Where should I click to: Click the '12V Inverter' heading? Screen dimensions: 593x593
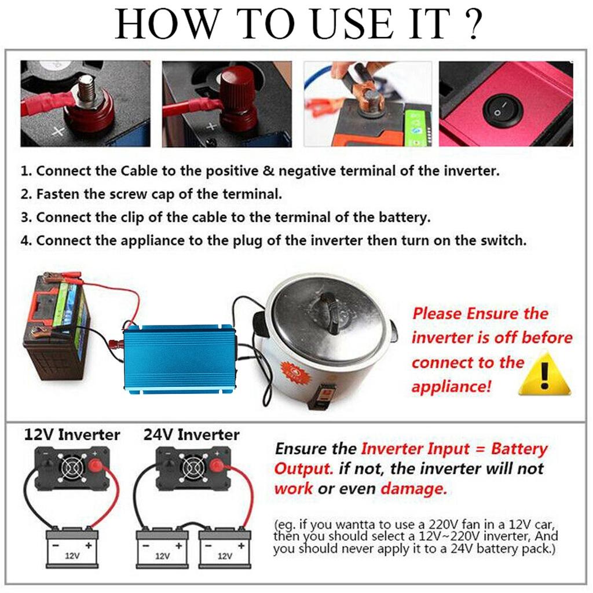click(x=72, y=435)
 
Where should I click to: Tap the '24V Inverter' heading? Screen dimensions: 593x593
click(x=191, y=435)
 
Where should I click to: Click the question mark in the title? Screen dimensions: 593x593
click(x=473, y=24)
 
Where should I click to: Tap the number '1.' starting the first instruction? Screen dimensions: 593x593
click(x=26, y=171)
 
